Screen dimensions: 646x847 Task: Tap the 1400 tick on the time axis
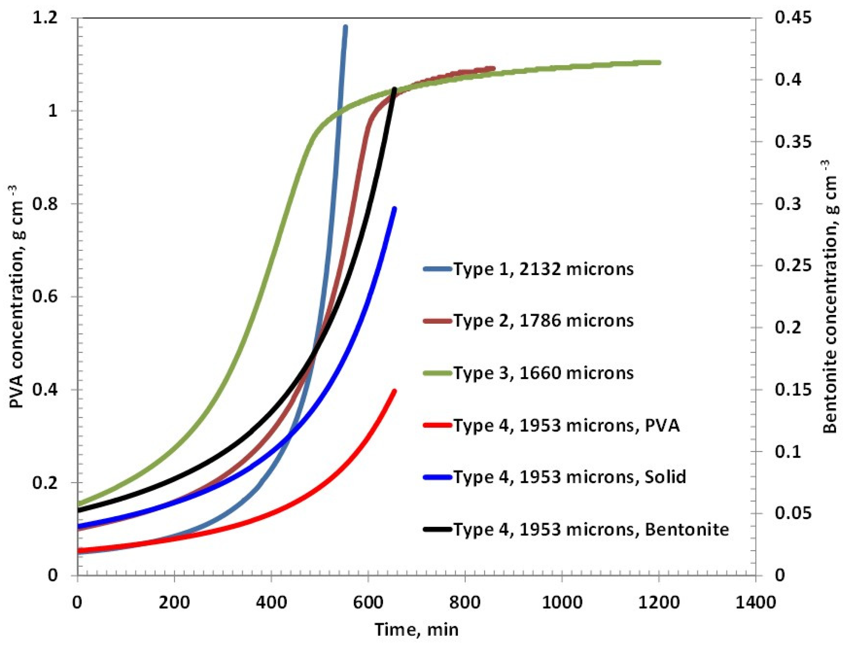[x=756, y=602]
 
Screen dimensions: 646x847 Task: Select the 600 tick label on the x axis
[x=368, y=602]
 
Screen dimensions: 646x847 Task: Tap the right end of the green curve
[x=659, y=62]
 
